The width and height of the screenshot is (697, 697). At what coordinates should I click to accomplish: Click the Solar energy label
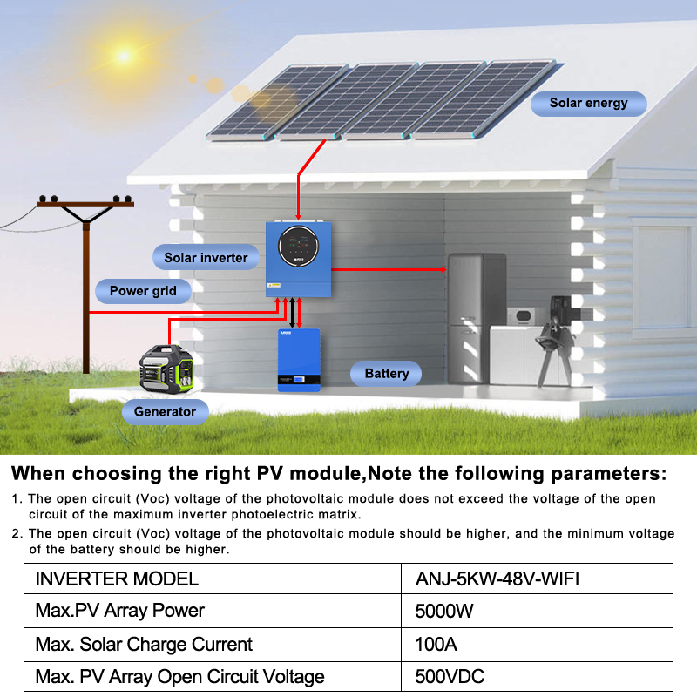588,103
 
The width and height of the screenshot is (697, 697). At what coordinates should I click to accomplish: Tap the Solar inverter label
206,257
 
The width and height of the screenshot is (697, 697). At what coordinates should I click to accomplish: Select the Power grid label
143,291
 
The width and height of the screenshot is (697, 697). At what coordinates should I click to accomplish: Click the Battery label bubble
386,374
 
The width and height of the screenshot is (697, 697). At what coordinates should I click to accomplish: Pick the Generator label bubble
165,411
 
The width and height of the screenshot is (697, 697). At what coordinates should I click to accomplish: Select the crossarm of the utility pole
85,203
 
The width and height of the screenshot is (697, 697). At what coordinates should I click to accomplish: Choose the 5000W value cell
444,612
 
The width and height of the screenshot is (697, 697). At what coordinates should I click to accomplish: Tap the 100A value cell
436,645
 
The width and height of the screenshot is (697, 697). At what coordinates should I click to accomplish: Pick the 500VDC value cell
449,677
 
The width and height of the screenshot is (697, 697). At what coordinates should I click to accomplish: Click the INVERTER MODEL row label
117,579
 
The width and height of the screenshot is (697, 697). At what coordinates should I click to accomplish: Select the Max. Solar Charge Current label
144,645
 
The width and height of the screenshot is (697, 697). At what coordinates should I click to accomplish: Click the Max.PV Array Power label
119,612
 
